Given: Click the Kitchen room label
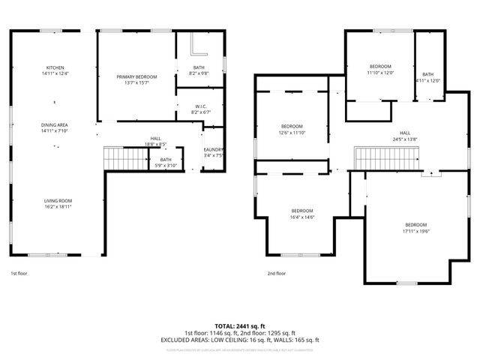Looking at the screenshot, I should click(55, 67).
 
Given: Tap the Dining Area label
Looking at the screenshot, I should click(55, 125).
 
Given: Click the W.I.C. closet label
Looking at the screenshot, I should click(200, 106).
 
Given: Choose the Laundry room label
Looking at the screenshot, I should click(214, 151).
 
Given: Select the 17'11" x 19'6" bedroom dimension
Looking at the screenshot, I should click(415, 232).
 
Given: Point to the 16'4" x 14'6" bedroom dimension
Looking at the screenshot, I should click(302, 217).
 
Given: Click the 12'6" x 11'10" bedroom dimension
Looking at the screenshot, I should click(292, 132).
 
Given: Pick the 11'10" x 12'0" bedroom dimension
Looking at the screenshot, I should click(380, 73).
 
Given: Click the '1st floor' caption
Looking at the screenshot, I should click(19, 273).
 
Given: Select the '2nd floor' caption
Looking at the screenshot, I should click(277, 273).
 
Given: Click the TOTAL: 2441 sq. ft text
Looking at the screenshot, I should click(240, 326).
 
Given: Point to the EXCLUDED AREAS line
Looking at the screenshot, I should click(240, 340).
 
